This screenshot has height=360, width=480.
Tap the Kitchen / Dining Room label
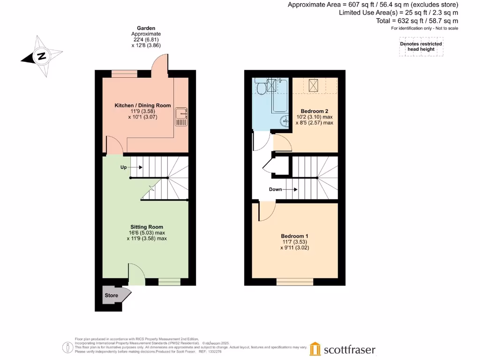click(142, 105)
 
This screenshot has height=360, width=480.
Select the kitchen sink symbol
click(180, 117)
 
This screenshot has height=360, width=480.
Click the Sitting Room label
click(146, 227)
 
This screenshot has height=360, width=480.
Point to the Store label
click(111, 296)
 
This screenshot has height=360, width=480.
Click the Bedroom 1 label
click(295, 236)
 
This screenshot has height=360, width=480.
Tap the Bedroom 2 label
click(314, 111)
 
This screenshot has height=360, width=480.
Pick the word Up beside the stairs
click(124, 167)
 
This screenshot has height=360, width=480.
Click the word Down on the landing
click(276, 189)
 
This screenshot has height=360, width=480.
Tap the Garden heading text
click(146, 28)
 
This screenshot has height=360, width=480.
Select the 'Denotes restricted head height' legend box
click(420, 46)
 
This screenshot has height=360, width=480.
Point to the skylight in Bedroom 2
click(314, 85)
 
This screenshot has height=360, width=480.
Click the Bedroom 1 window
click(295, 282)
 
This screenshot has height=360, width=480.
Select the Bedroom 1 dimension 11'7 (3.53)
click(295, 242)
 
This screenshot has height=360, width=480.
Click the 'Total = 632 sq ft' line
click(417, 21)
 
